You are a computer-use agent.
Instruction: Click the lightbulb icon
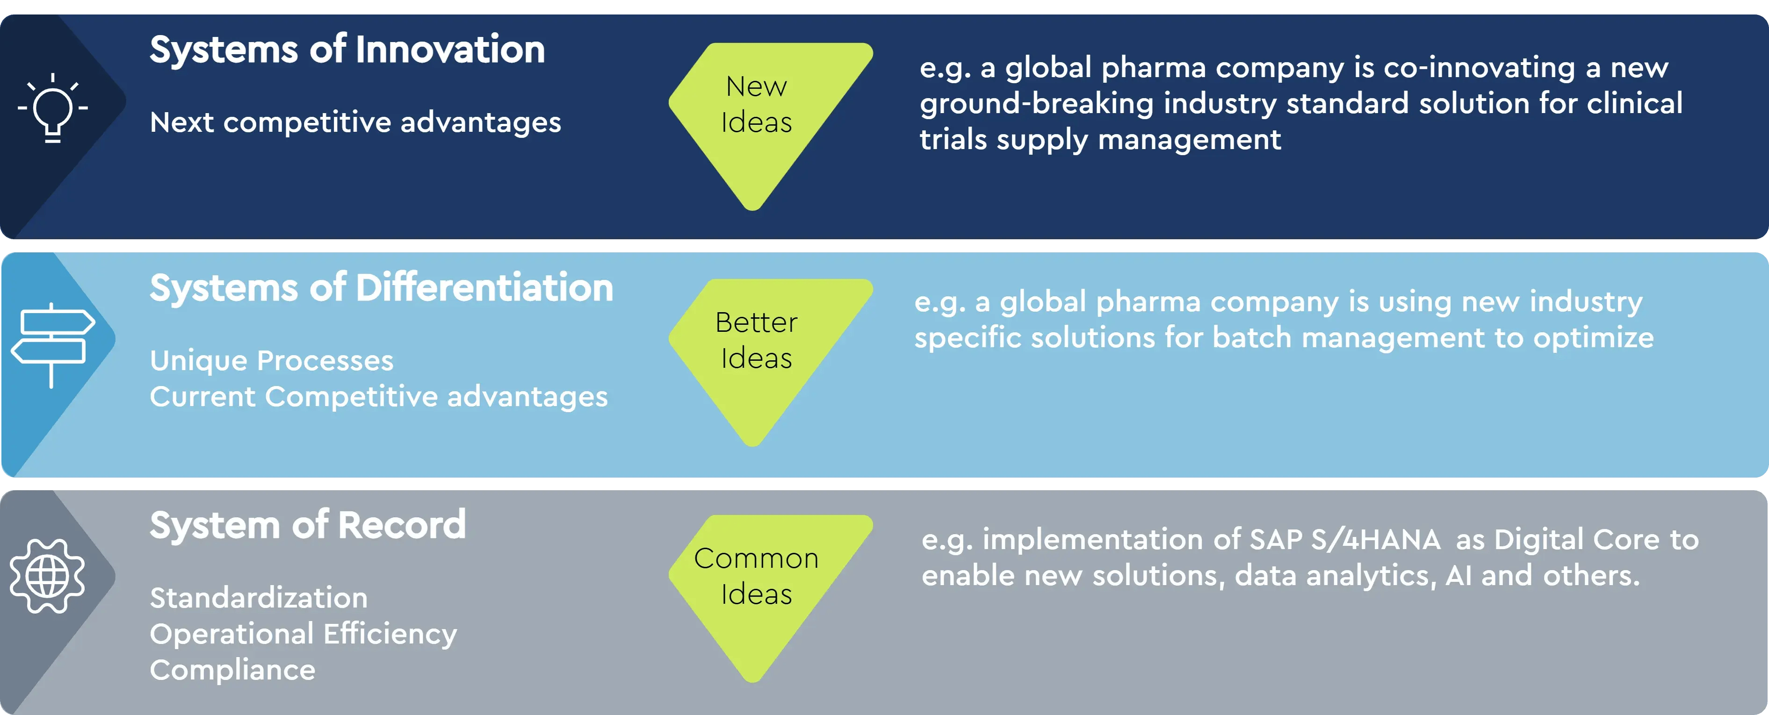[x=53, y=108]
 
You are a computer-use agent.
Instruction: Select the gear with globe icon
[x=47, y=576]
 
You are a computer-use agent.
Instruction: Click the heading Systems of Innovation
[x=347, y=50]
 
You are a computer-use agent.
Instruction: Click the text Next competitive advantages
[x=355, y=122]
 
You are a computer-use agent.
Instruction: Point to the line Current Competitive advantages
[x=378, y=397]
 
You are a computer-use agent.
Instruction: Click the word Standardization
[x=258, y=598]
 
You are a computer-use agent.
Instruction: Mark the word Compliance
[x=232, y=670]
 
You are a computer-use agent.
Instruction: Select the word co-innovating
[x=1479, y=67]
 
